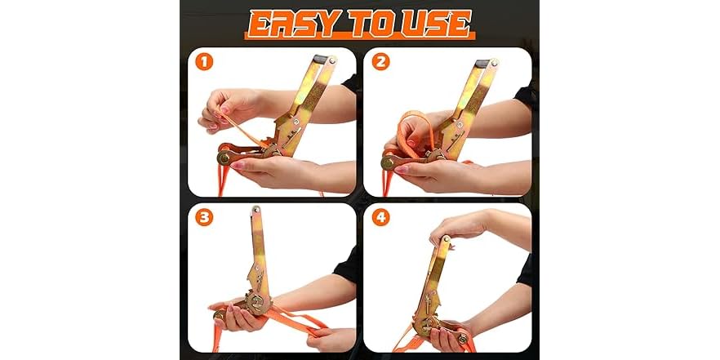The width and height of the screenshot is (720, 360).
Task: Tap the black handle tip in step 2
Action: (x=487, y=62)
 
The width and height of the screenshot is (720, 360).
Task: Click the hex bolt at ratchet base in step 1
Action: (x=224, y=158)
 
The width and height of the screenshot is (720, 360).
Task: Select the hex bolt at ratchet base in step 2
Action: (x=389, y=162)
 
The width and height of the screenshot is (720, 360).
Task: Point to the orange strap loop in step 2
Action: (x=417, y=131)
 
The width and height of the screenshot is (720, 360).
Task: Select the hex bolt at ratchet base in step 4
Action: (x=462, y=338)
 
